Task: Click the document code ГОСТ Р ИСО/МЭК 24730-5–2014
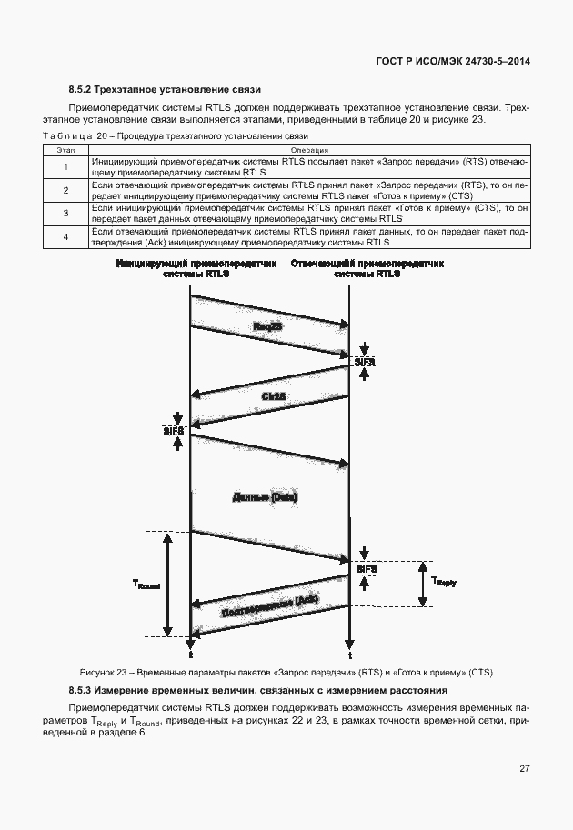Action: (452, 61)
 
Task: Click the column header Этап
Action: (65, 150)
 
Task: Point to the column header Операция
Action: (309, 150)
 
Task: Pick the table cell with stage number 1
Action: (65, 166)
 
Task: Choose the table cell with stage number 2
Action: (65, 190)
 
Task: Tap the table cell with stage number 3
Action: (65, 214)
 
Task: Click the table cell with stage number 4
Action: (65, 237)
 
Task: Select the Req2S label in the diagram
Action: (270, 326)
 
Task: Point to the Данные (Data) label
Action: (266, 497)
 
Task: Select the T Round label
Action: (146, 586)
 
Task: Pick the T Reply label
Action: (443, 580)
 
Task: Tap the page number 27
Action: (525, 768)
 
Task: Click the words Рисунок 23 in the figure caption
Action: (103, 673)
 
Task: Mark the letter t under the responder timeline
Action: (350, 655)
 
